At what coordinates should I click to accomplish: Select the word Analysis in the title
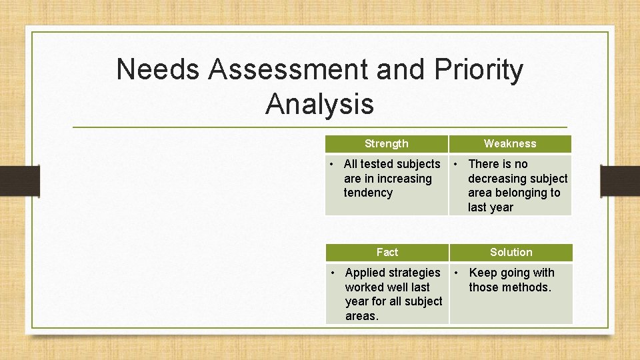[319, 104]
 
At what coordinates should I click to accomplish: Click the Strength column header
[387, 143]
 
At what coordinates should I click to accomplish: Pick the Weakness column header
[510, 143]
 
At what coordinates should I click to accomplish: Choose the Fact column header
[387, 252]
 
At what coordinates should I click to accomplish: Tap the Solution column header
[511, 252]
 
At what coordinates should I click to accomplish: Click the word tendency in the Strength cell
[368, 193]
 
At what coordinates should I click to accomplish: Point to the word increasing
[404, 179]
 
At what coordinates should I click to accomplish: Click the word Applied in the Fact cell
[367, 273]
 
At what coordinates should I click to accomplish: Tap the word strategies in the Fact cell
[415, 273]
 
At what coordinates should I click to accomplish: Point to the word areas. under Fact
[362, 316]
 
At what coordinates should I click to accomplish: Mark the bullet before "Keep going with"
[457, 273]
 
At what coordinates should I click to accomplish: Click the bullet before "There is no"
[456, 164]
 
